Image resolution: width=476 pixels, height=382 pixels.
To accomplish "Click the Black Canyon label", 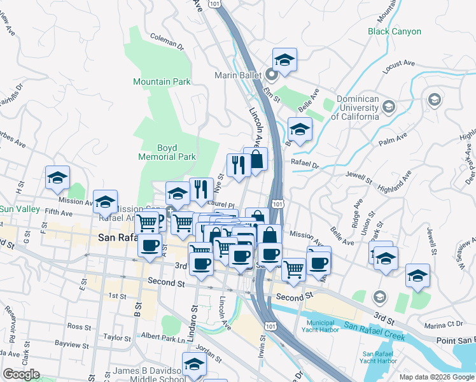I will tap(394, 31).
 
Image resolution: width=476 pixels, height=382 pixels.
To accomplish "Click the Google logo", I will tap(21, 374).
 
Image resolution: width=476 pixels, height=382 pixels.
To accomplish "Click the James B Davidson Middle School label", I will tap(150, 375).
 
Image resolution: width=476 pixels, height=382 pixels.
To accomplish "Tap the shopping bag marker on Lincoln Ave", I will tap(255, 159).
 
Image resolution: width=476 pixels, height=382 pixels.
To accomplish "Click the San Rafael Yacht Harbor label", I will tap(379, 357).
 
